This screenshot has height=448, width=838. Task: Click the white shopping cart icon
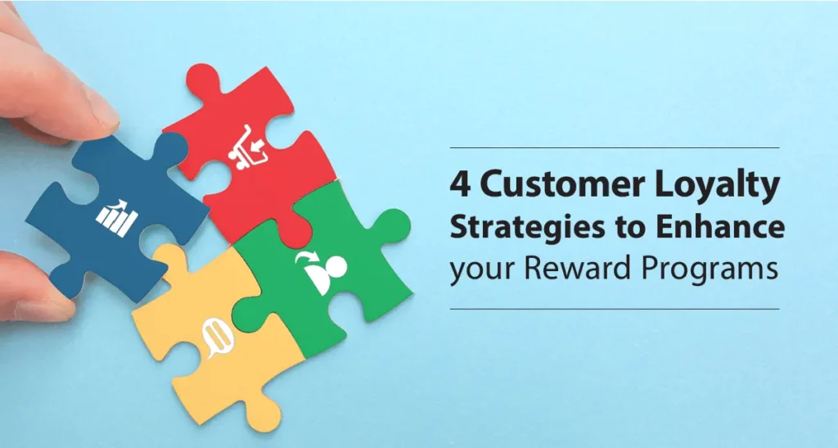coord(246,148)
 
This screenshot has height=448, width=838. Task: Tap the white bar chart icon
coord(117,218)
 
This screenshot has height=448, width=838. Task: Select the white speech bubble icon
coord(218,338)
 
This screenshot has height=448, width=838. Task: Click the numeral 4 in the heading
coord(460,185)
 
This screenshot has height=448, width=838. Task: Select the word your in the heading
coord(482,272)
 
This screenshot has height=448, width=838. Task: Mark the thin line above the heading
coord(615,147)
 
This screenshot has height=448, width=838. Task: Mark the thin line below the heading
coord(615,309)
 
